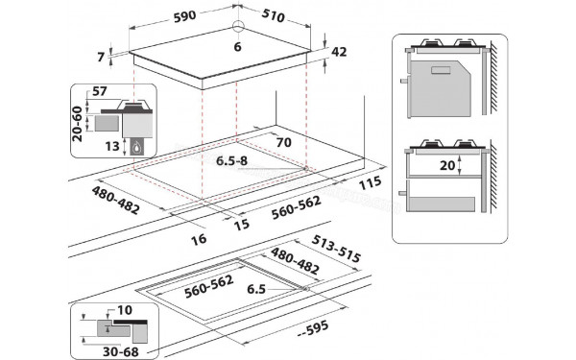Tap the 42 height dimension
(337, 52)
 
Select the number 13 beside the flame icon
(114, 145)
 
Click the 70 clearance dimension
(282, 142)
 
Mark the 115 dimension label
(372, 181)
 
